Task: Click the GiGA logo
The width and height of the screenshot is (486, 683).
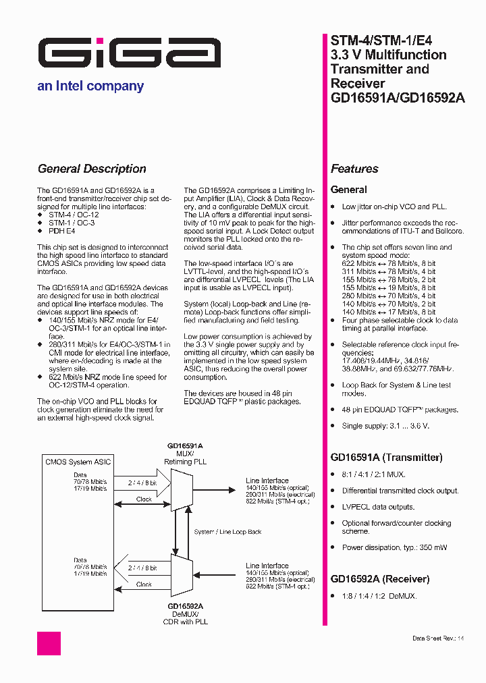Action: click(x=129, y=53)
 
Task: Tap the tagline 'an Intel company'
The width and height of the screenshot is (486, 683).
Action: click(x=90, y=86)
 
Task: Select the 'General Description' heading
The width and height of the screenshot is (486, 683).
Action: click(x=92, y=169)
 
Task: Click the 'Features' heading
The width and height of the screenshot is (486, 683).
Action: click(x=354, y=169)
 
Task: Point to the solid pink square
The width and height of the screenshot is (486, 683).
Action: click(x=49, y=643)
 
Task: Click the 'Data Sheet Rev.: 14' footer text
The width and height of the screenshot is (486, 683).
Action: click(x=438, y=638)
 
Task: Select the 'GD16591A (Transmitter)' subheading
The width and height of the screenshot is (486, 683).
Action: click(x=386, y=458)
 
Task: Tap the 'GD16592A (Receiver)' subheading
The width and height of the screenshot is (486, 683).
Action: click(x=379, y=579)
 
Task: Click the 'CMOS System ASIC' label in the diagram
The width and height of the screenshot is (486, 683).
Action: click(x=78, y=462)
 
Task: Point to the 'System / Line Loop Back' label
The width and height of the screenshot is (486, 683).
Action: click(x=227, y=532)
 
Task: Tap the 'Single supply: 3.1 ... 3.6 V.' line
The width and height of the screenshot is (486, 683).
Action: click(x=385, y=426)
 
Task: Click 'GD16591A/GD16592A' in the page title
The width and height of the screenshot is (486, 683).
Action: click(x=398, y=98)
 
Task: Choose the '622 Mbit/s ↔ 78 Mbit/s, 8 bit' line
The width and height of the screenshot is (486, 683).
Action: click(x=388, y=263)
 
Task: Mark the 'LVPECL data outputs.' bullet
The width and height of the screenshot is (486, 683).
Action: click(x=378, y=507)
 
